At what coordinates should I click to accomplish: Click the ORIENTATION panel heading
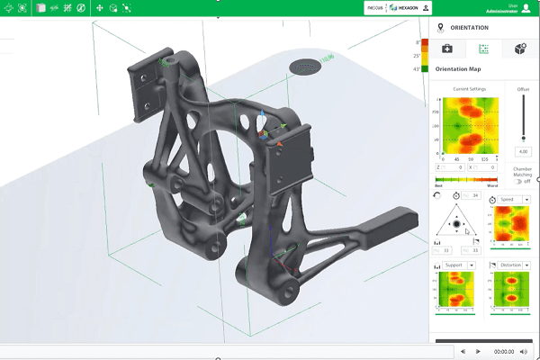[x=469, y=28]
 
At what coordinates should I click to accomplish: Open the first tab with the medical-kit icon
[x=447, y=49]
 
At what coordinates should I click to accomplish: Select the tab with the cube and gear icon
[x=519, y=49]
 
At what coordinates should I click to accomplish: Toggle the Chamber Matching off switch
[x=522, y=181]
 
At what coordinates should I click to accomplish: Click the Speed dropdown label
[x=508, y=199]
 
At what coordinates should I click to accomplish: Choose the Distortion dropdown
[x=512, y=265]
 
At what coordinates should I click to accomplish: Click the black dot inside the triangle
[x=456, y=223]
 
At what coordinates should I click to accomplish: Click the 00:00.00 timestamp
[x=503, y=352]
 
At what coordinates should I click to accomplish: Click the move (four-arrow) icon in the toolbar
[x=99, y=8]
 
